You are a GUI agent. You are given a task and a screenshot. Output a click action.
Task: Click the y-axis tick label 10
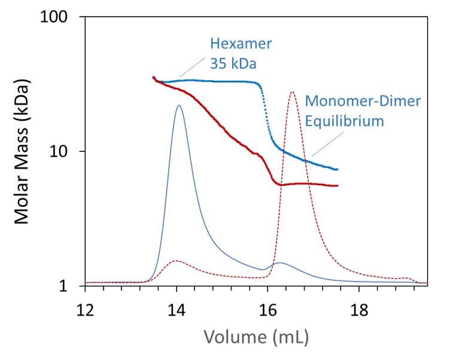pyautogui.click(x=65, y=151)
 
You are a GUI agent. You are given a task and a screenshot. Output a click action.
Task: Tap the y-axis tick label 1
pyautogui.click(x=71, y=286)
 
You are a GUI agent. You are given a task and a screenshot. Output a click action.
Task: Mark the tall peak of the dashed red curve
pyautogui.click(x=292, y=92)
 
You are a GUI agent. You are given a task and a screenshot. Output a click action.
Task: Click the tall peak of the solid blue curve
pyautogui.click(x=179, y=106)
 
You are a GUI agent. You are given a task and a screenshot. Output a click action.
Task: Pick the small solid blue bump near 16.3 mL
pyautogui.click(x=279, y=263)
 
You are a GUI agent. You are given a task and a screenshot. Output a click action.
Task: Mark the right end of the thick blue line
pyautogui.click(x=337, y=169)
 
